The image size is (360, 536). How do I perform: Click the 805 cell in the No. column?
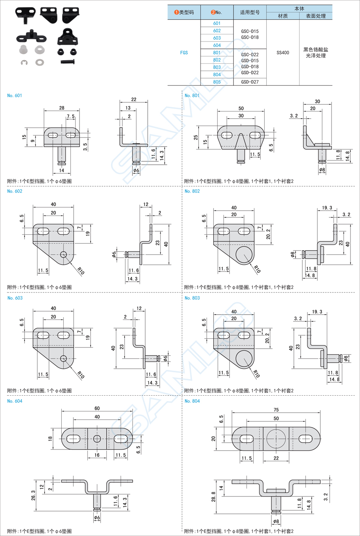tap(217, 82)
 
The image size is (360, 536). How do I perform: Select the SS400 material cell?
tap(282, 53)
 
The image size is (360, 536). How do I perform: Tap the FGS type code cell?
tap(184, 53)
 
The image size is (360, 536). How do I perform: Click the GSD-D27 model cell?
tap(250, 82)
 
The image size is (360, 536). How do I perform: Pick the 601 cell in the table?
tap(217, 23)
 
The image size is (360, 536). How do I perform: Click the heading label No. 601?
tap(15, 96)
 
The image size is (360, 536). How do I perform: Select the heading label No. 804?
tap(192, 401)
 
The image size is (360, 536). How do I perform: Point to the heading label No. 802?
tap(192, 191)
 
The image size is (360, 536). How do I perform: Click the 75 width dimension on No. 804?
tap(276, 410)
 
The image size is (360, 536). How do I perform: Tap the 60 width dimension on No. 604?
tap(97, 408)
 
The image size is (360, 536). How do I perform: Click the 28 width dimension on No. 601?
tap(62, 108)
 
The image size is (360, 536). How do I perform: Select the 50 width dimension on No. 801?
tap(241, 108)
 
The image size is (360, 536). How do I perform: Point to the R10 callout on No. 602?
tap(81, 271)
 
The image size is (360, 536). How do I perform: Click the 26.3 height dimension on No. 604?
tap(33, 495)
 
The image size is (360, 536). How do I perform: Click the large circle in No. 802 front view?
tap(244, 255)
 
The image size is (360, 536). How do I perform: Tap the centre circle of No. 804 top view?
tap(276, 438)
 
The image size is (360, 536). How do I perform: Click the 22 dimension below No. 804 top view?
tap(276, 458)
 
